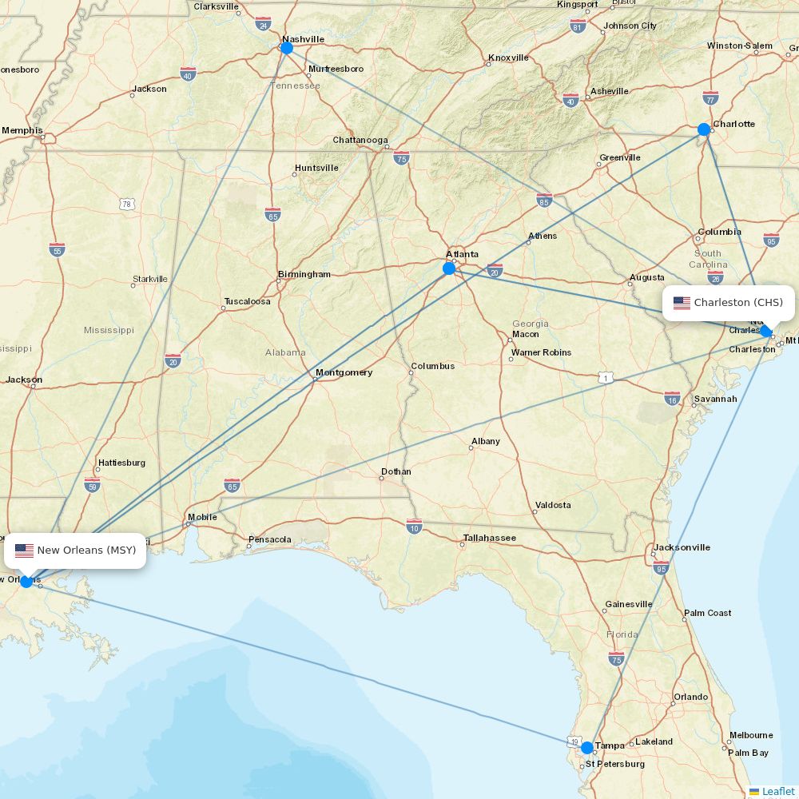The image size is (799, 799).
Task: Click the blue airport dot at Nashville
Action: (287, 48)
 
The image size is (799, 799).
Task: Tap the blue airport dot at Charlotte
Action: (704, 129)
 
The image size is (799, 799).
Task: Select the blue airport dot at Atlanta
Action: (449, 268)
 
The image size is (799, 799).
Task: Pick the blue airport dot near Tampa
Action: (587, 748)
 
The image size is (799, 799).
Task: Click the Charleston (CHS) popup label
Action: (729, 303)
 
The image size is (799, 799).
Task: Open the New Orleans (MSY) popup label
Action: (80, 551)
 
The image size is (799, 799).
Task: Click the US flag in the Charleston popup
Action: (682, 303)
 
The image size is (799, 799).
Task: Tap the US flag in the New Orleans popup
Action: (25, 551)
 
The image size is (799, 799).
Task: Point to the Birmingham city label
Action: (304, 274)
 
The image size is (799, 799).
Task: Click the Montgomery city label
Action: (344, 372)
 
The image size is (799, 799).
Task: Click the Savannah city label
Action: (715, 399)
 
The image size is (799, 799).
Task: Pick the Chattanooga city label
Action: (360, 140)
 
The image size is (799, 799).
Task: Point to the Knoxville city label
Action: (509, 58)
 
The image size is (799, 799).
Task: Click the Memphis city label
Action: (22, 130)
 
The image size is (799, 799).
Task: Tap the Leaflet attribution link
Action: (777, 791)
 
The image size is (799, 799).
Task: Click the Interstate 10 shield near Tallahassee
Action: (414, 526)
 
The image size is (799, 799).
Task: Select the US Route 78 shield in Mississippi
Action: (127, 205)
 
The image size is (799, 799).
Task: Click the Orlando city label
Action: (690, 697)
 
